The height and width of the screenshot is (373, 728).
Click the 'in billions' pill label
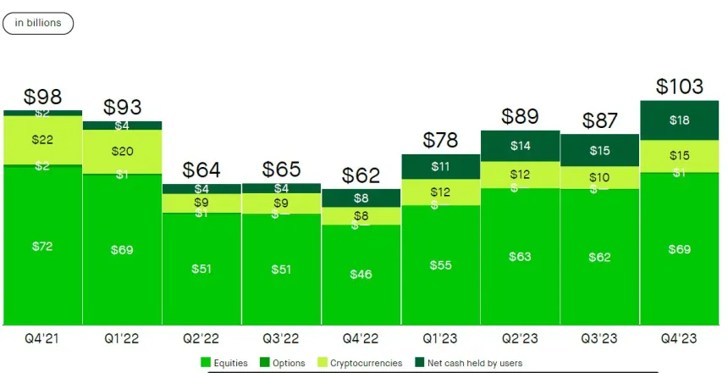click(x=38, y=23)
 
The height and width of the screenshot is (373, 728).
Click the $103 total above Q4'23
click(x=680, y=86)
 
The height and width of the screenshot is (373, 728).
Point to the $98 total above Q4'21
click(x=42, y=97)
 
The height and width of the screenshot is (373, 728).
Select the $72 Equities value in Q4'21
click(x=42, y=246)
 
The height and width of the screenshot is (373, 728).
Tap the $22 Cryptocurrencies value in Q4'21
click(x=42, y=139)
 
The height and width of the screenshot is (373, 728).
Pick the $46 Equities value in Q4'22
click(x=361, y=275)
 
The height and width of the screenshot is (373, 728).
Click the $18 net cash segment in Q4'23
click(x=680, y=120)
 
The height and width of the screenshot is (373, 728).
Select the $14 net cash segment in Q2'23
click(x=520, y=146)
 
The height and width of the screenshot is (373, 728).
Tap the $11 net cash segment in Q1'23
click(x=440, y=166)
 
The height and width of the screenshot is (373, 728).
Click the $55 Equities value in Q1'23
click(x=440, y=265)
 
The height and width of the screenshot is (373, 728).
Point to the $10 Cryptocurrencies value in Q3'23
click(x=599, y=177)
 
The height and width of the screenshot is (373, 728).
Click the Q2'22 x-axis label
click(x=201, y=338)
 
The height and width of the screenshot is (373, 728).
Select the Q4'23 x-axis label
click(x=680, y=338)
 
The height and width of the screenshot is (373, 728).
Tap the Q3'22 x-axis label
click(x=281, y=338)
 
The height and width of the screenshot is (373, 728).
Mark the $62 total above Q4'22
click(x=361, y=175)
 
